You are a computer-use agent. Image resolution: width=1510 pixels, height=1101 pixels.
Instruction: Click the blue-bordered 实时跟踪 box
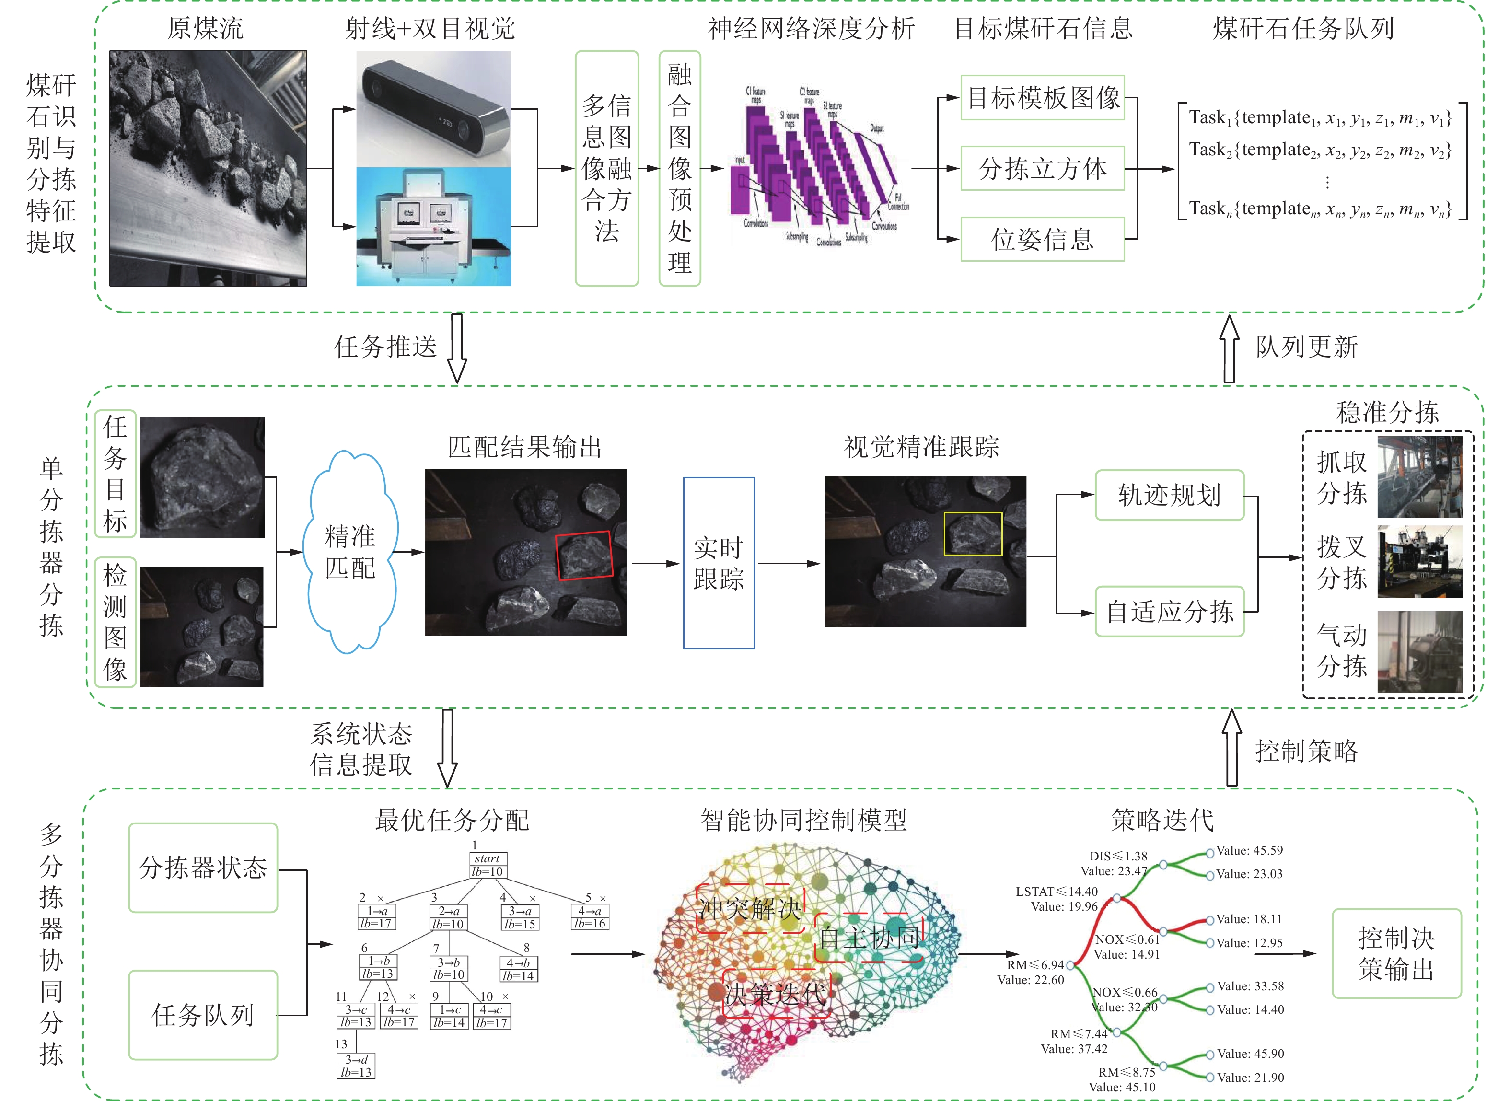[x=719, y=563]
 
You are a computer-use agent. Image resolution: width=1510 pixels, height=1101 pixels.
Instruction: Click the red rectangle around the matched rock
[x=584, y=555]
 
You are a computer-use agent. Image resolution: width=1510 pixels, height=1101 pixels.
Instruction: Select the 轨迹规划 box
[x=1170, y=495]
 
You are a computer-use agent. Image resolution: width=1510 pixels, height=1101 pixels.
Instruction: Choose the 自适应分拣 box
[x=1170, y=611]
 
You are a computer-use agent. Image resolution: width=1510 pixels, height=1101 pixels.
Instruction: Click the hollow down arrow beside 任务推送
[x=457, y=348]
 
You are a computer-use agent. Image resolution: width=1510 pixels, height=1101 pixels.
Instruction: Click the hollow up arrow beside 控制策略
[x=1232, y=748]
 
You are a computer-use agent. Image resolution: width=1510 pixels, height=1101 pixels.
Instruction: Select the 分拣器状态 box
[x=203, y=868]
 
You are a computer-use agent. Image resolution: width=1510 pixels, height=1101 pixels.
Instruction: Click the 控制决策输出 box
[x=1396, y=953]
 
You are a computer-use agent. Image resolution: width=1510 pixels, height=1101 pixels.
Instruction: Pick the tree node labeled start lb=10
[x=488, y=865]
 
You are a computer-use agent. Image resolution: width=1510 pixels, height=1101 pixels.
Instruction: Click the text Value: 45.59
[x=1249, y=850]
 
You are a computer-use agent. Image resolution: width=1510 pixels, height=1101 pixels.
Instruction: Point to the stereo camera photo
[x=434, y=109]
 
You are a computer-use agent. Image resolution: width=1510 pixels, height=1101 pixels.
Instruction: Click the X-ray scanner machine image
[x=434, y=227]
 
